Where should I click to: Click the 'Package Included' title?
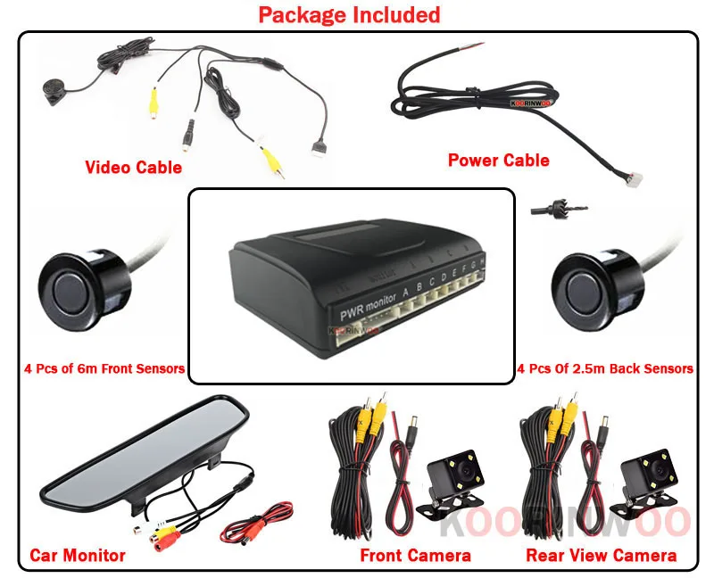tap(350, 15)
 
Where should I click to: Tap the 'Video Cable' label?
tap(133, 167)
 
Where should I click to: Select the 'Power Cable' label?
tap(498, 161)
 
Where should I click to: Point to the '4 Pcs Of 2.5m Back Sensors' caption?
tap(605, 368)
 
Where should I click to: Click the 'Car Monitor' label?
tap(78, 555)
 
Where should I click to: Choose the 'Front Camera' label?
tap(415, 555)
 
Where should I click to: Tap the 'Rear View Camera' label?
tap(601, 555)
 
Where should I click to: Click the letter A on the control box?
tap(405, 289)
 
